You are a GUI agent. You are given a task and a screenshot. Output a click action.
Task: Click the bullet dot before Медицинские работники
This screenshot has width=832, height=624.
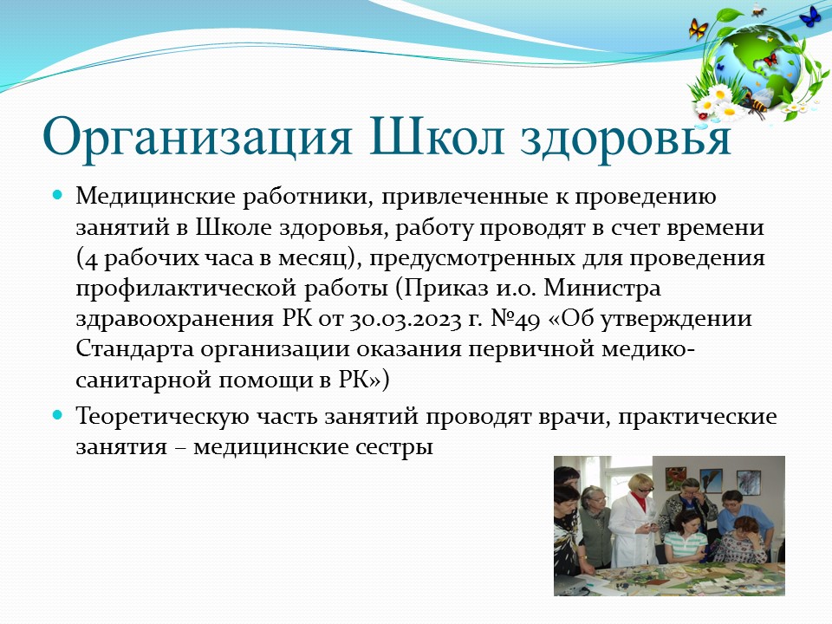(x=58, y=195)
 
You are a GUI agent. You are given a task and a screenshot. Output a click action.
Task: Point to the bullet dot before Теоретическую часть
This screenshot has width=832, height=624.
(x=58, y=414)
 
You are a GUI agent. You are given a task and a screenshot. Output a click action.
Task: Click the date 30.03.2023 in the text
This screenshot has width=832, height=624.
(x=406, y=320)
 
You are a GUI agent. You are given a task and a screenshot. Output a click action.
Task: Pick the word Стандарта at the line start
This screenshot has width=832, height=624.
(x=135, y=350)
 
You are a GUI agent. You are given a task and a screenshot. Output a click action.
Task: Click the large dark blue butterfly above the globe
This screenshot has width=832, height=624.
(x=809, y=16)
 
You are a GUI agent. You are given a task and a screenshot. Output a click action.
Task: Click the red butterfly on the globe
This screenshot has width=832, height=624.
(x=770, y=59)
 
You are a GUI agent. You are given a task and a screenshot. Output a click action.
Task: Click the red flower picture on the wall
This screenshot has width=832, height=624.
(x=675, y=478)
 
